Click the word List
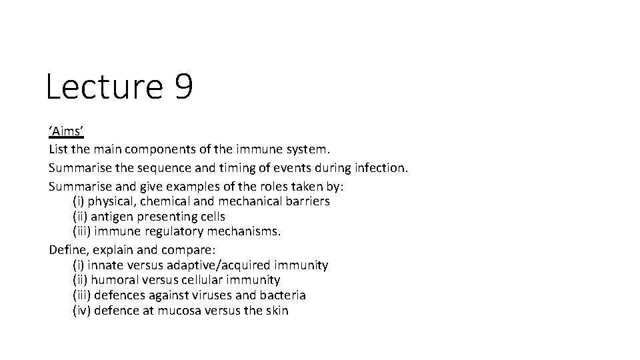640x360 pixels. pyautogui.click(x=58, y=152)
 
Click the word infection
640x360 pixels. pyautogui.click(x=378, y=169)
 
